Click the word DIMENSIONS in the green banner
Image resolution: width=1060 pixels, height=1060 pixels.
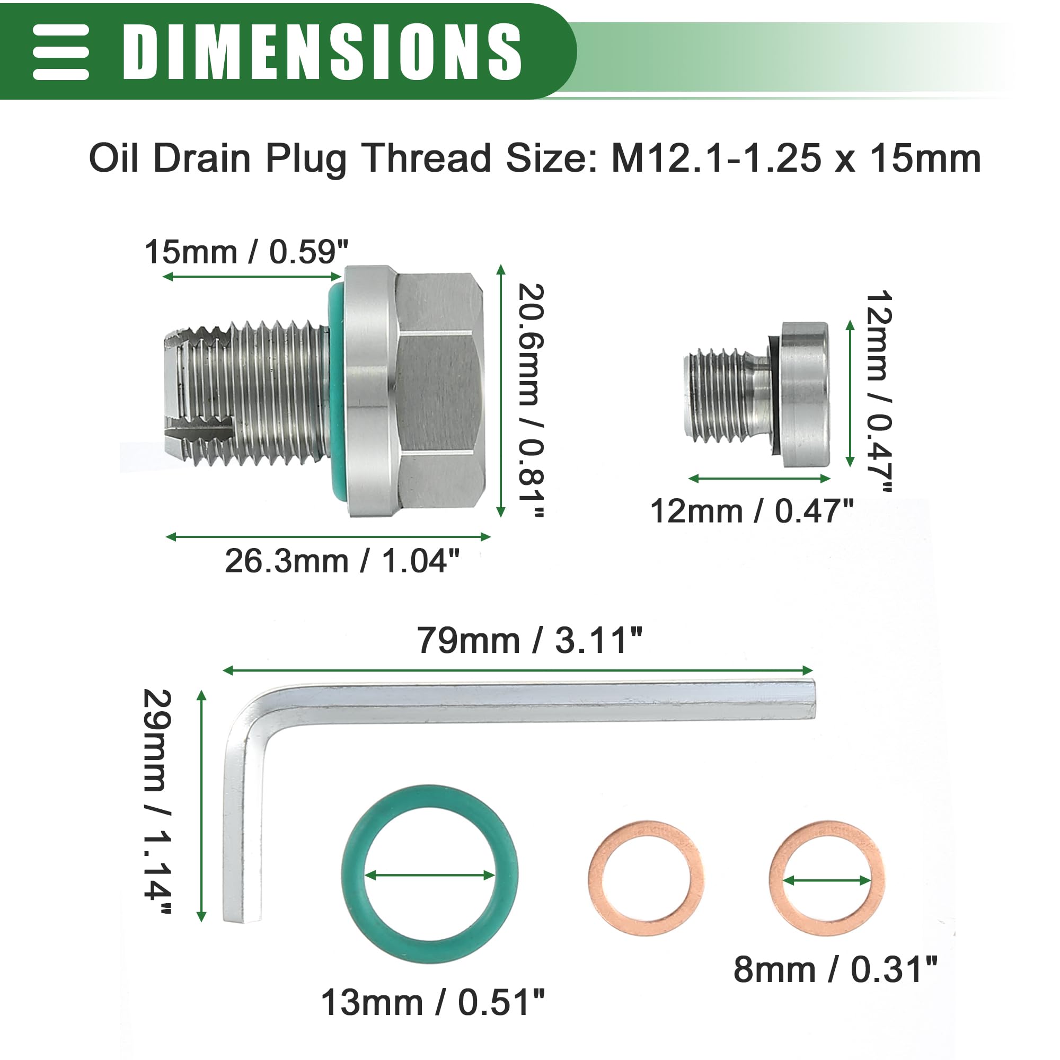(322, 52)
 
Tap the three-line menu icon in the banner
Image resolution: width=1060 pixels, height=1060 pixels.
(61, 52)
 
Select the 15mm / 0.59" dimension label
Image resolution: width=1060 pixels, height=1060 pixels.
(246, 253)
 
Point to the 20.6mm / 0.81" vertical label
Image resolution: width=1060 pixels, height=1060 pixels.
(531, 400)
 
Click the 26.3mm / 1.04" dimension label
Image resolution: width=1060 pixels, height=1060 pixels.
(342, 561)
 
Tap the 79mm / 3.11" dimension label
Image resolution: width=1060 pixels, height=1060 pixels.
(529, 640)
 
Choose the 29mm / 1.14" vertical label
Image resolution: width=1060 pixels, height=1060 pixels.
(157, 801)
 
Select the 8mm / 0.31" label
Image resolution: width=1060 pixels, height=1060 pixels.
(836, 969)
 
